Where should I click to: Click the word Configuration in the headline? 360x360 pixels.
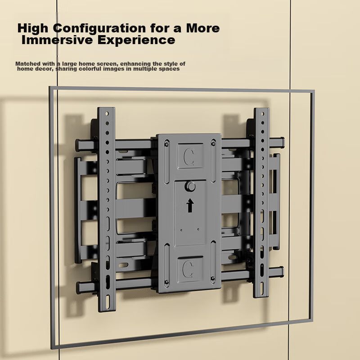[99, 28]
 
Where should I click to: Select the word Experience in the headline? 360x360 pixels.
[136, 40]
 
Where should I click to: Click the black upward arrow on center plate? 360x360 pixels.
[190, 205]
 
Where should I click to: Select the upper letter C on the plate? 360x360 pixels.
[189, 157]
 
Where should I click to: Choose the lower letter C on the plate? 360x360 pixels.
[188, 269]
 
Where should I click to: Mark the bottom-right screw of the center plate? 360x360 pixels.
[212, 279]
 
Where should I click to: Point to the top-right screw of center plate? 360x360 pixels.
[213, 144]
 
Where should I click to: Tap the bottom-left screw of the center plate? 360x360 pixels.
[166, 282]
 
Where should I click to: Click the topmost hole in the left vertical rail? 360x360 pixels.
[107, 113]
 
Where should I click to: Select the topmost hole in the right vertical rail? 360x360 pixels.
[263, 113]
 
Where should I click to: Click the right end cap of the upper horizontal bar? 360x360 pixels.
[282, 142]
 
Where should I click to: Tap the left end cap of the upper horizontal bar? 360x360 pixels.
[78, 145]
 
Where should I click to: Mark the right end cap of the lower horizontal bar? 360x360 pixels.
[281, 272]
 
